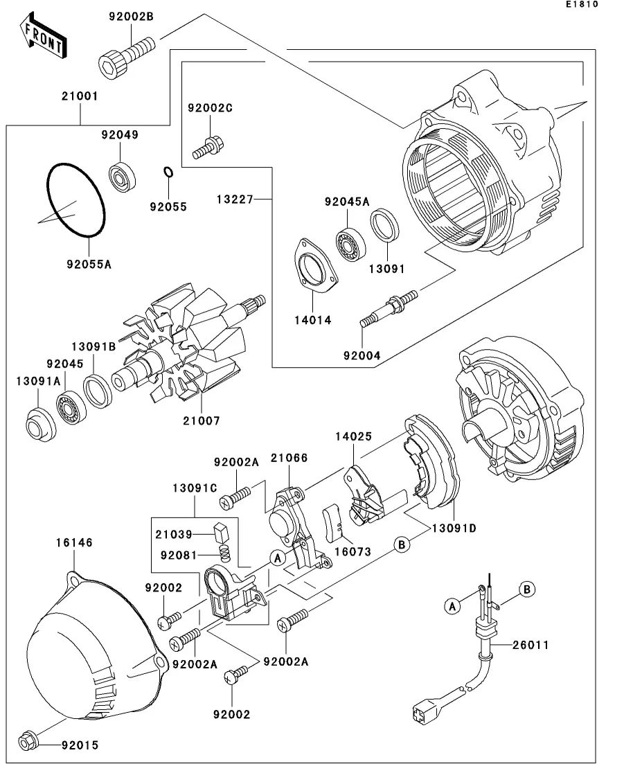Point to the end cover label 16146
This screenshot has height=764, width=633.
coord(78,542)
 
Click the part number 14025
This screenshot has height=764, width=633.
coord(355,437)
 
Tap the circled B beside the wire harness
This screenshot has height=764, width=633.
coord(527,589)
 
